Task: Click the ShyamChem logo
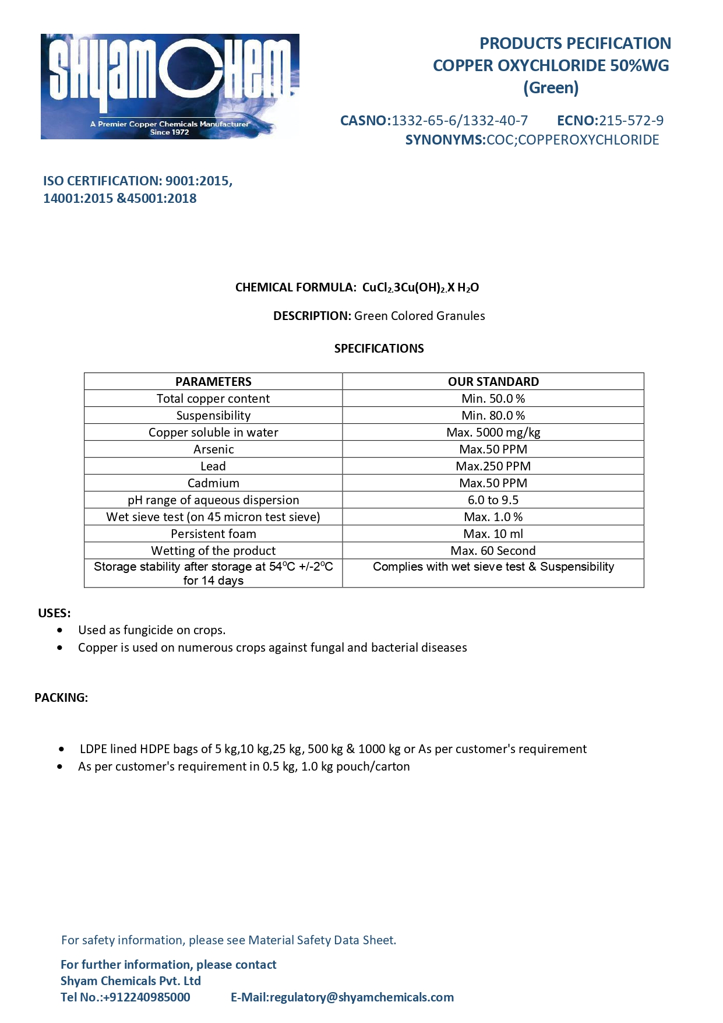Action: pos(170,86)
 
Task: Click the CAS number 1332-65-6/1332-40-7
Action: pos(459,121)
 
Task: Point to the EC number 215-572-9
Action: pos(631,121)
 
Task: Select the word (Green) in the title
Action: pos(551,88)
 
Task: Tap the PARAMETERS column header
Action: pos(213,382)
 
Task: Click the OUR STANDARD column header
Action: pos(493,382)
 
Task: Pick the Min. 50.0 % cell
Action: pos(493,399)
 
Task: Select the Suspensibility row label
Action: pos(213,416)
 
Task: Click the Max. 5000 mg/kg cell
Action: pos(493,433)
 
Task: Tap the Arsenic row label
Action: pos(213,449)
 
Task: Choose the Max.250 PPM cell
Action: pos(493,466)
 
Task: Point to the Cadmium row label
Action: pos(213,483)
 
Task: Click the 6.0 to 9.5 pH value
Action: pos(493,500)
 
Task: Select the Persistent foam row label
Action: pos(213,534)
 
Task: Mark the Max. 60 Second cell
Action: pos(493,551)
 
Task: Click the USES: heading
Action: pos(54,613)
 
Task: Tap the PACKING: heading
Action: pos(61,698)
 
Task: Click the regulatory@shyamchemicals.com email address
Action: pos(361,997)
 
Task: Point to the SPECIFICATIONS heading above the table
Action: pos(379,349)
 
